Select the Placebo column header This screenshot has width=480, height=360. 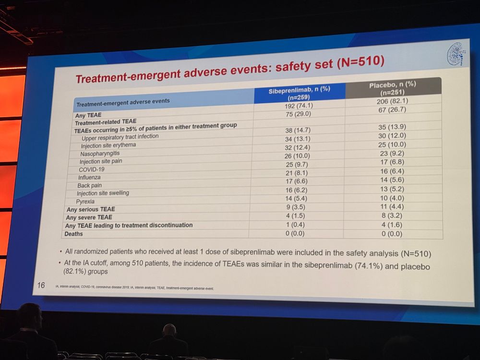click(x=392, y=88)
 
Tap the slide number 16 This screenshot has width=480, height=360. click(x=41, y=285)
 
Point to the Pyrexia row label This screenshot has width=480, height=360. click(x=85, y=202)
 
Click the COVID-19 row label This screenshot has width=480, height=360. click(x=92, y=169)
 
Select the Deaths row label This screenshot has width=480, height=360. click(x=73, y=234)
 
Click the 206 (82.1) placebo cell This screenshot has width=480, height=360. click(x=393, y=101)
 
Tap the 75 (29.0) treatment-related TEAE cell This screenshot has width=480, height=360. click(x=298, y=114)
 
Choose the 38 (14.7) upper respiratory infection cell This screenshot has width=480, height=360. click(x=298, y=131)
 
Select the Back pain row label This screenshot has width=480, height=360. click(x=89, y=185)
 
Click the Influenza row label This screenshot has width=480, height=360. click(x=90, y=178)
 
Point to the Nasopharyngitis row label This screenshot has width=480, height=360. click(x=100, y=154)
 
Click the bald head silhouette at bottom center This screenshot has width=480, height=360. click(x=169, y=331)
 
